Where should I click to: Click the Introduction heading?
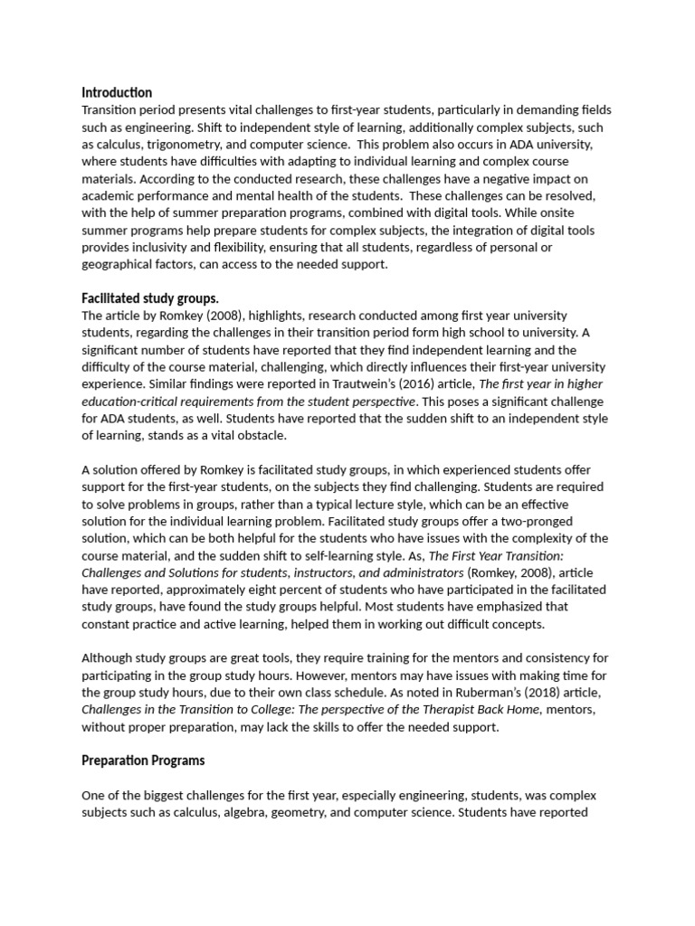pos(117,92)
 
